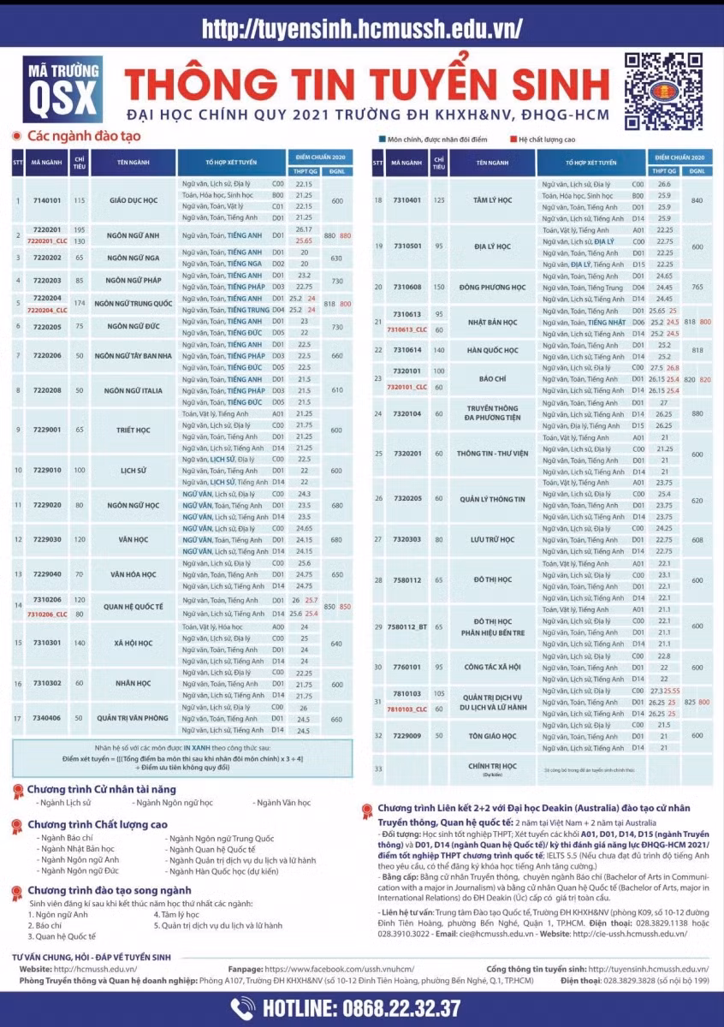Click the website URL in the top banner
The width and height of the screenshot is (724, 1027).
[362, 28]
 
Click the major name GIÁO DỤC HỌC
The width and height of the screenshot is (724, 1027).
[134, 200]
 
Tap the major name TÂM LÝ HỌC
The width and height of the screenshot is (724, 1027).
[493, 200]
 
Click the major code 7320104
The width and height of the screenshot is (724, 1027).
[407, 413]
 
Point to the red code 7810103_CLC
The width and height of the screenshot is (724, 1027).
[407, 709]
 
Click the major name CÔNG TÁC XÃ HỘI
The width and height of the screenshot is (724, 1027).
[493, 667]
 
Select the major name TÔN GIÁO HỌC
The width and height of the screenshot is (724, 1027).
[493, 736]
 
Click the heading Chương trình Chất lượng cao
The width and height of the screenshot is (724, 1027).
[97, 824]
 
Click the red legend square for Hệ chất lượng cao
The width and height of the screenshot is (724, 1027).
[512, 138]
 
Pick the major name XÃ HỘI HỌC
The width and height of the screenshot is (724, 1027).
[134, 644]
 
